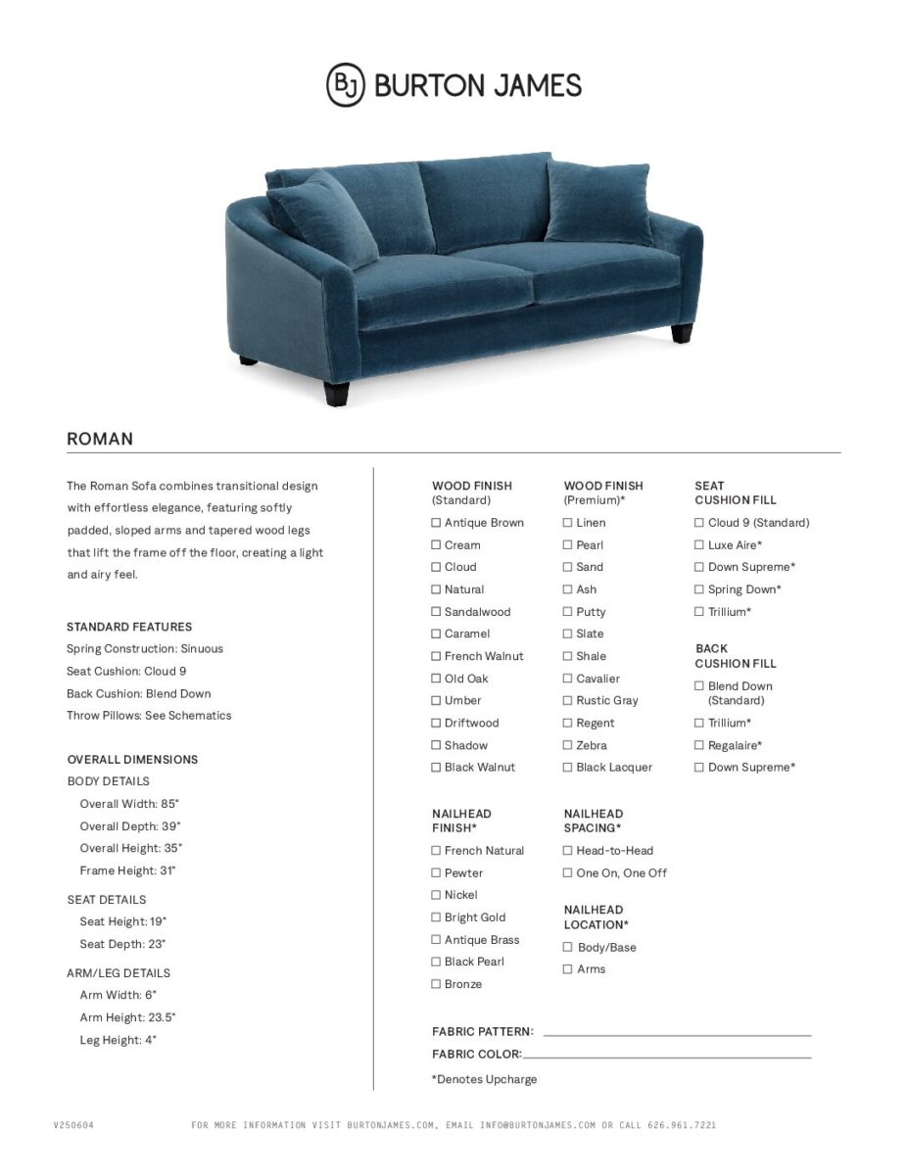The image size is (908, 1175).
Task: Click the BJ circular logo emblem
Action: (345, 84)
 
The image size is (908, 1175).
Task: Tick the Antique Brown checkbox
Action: (436, 523)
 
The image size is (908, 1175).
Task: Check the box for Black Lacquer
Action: (567, 768)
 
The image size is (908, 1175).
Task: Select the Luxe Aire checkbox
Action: (699, 545)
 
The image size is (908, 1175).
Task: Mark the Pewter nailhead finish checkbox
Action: (436, 873)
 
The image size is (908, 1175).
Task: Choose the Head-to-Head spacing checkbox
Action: (567, 851)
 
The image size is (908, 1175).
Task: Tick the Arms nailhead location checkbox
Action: (567, 969)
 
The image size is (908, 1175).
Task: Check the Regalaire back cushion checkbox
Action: (699, 746)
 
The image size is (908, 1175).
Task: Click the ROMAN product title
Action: (100, 439)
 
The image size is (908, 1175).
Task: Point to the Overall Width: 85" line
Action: (129, 804)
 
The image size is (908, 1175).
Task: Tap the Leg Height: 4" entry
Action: (118, 1040)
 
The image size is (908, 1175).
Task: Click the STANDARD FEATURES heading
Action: (129, 627)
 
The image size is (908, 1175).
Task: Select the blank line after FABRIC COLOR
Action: (666, 1057)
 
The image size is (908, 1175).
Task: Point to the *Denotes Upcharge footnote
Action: (484, 1079)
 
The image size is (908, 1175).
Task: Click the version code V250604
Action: (73, 1125)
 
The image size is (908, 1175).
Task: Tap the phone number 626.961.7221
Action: (682, 1125)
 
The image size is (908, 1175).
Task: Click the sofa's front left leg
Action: (338, 393)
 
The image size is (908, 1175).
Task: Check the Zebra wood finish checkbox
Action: (567, 745)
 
